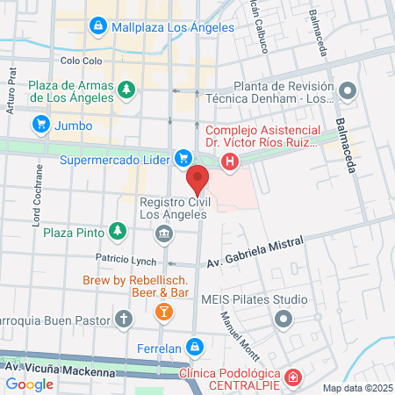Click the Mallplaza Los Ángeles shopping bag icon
(x=97, y=27)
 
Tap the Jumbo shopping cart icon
(x=40, y=126)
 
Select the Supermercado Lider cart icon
(x=183, y=159)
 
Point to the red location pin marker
(x=199, y=180)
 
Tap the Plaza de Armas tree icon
(x=128, y=88)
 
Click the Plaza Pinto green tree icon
(x=116, y=232)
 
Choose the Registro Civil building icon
(x=163, y=233)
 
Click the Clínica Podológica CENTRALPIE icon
(x=294, y=378)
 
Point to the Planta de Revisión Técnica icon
(x=348, y=90)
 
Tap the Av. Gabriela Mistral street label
(x=255, y=252)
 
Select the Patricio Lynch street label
(x=127, y=261)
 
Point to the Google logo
(x=29, y=384)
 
